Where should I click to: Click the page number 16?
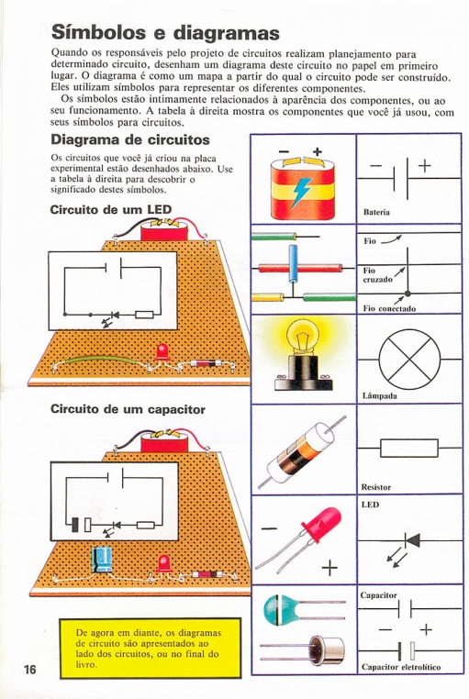pos(30,669)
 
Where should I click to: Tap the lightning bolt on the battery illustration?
pos(302,192)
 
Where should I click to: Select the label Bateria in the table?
pos(376,212)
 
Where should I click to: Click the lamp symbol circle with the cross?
pos(409,360)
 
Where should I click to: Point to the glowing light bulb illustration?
pos(303,354)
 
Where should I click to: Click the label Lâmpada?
pos(379,396)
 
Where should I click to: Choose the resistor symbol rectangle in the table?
pos(408,448)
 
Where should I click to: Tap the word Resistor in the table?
pos(375,487)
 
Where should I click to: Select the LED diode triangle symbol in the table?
pos(412,540)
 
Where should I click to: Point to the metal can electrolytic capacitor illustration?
pos(327,650)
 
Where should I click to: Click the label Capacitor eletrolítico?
pos(401,667)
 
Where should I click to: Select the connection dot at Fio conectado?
pos(408,294)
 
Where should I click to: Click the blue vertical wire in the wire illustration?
pos(293,263)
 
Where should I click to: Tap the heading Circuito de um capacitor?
pos(128,409)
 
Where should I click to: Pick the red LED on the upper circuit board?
pos(162,352)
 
